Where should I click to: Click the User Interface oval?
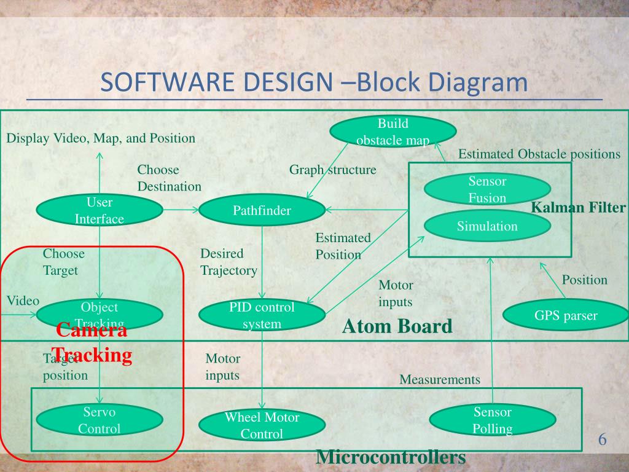point(100,210)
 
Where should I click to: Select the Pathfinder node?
point(262,211)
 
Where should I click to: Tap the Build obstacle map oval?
point(393,132)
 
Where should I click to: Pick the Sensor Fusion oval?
point(487,189)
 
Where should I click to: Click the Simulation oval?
point(487,226)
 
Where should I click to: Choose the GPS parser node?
point(565,316)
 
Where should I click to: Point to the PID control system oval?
point(262,315)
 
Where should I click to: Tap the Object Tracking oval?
point(100,315)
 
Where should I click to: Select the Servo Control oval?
point(100,420)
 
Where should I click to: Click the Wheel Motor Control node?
point(262,425)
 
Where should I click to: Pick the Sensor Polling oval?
point(493,420)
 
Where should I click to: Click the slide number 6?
point(602,439)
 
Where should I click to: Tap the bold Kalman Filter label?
point(578,208)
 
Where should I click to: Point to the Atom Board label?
point(397,326)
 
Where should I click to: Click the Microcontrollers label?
point(391,457)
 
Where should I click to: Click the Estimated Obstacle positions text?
point(539,154)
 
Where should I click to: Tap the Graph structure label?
point(332,170)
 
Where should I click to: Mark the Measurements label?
point(440,380)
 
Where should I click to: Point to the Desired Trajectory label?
point(229,262)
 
